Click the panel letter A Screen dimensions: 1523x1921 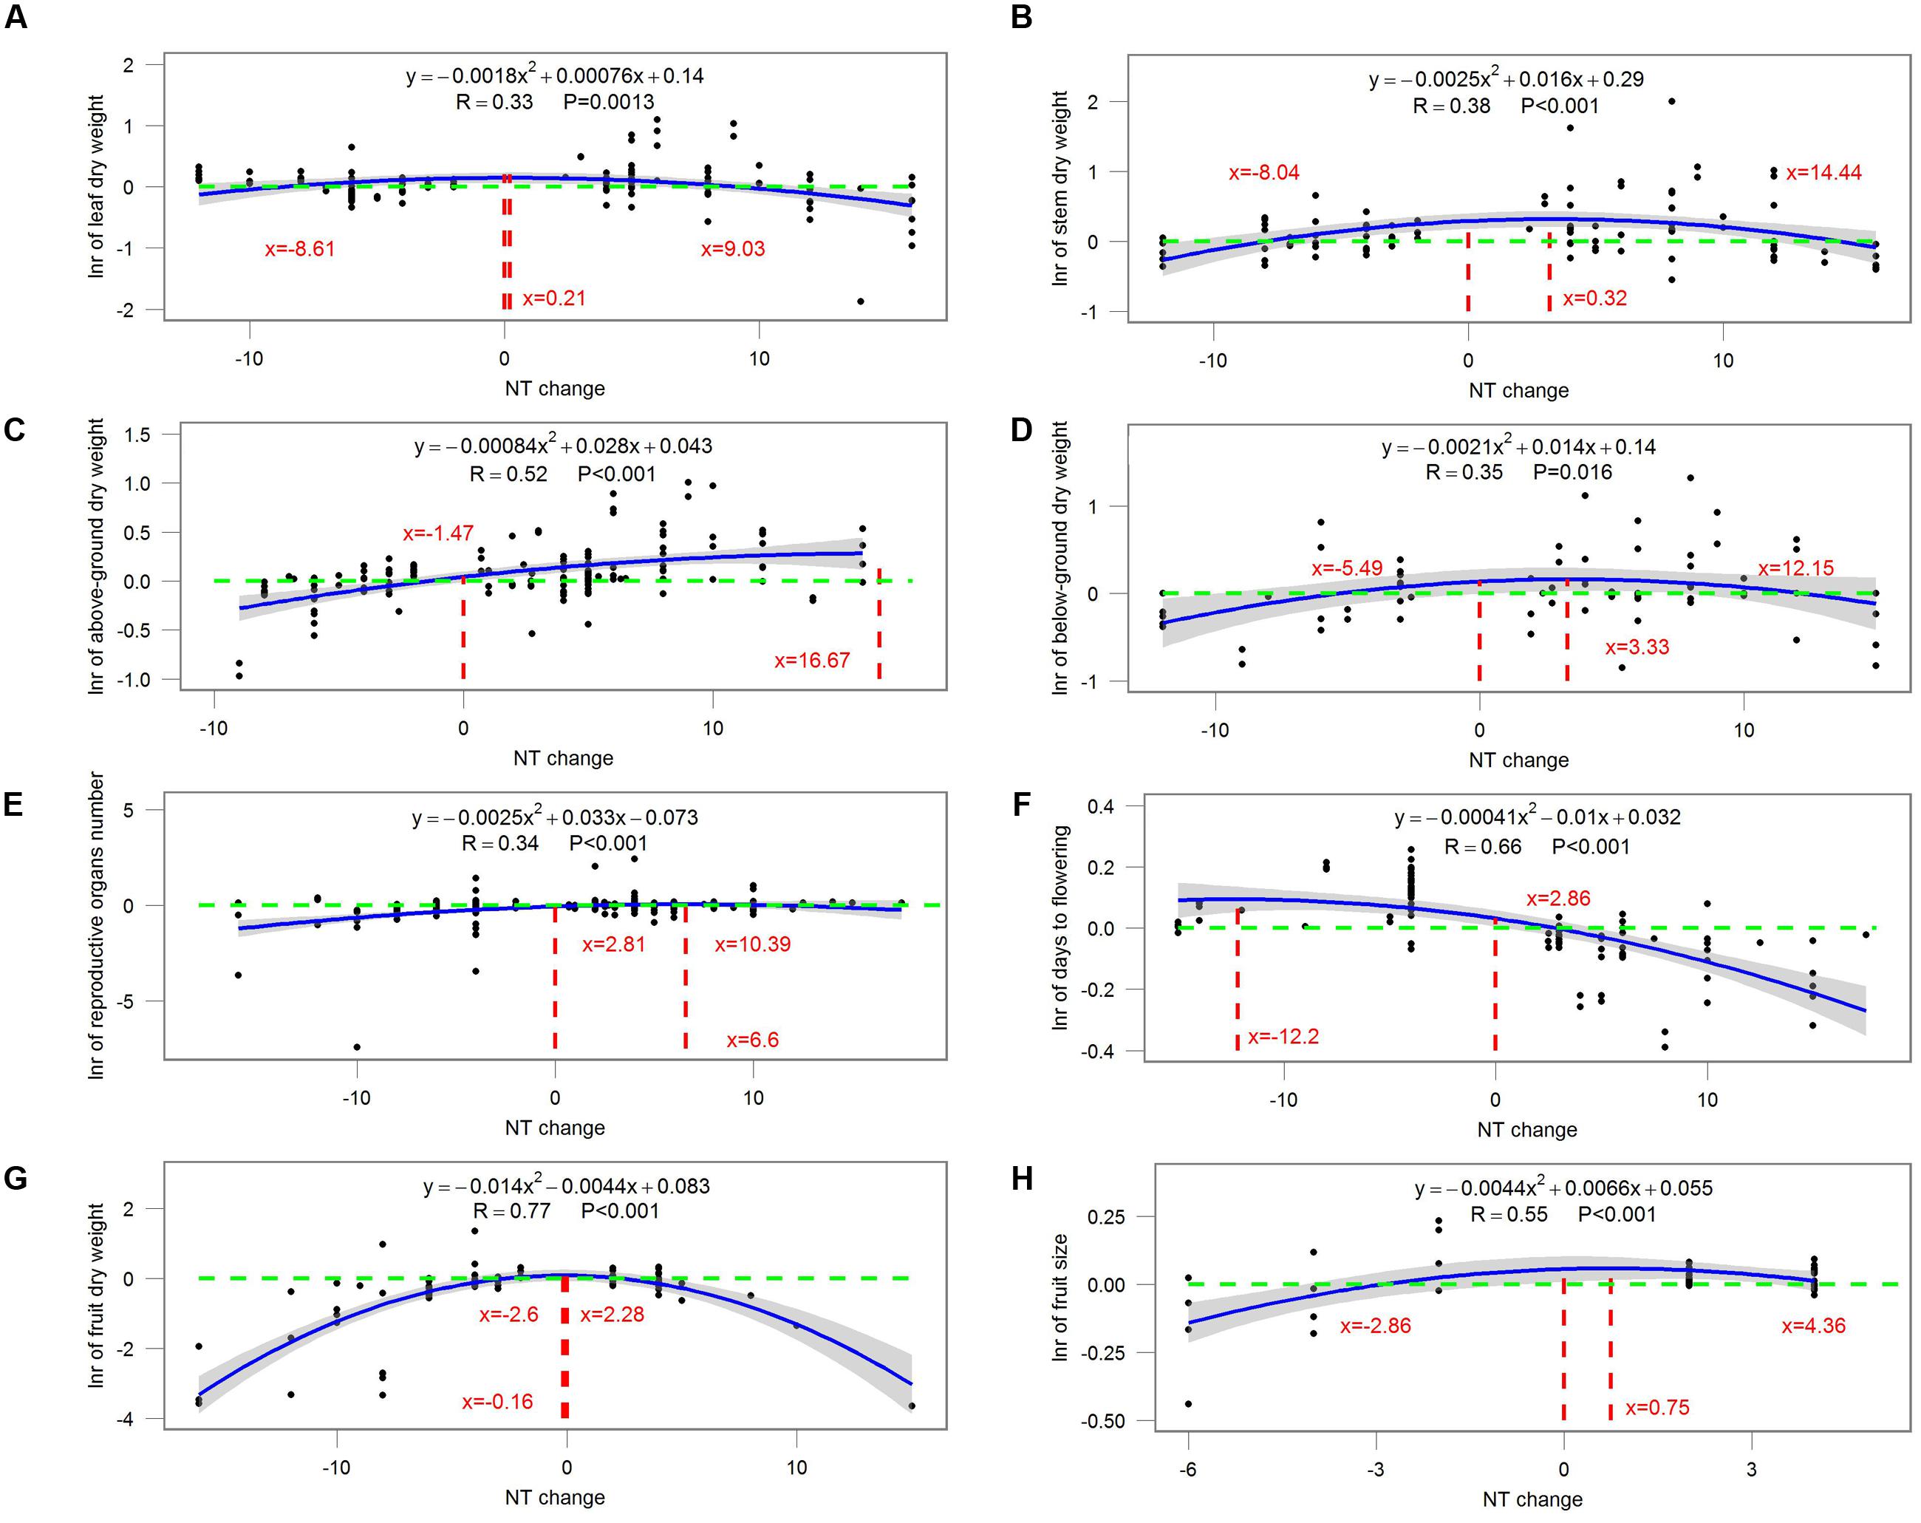coord(16,17)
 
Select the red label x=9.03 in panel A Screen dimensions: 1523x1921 coord(732,248)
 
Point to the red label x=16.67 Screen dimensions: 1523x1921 coord(812,661)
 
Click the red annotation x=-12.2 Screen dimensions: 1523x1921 coord(1283,1037)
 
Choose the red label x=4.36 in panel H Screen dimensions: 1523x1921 coord(1813,1326)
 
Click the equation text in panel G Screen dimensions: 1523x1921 coord(567,1186)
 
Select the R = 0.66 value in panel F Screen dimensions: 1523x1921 coord(1483,847)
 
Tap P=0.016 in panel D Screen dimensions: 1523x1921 coord(1572,472)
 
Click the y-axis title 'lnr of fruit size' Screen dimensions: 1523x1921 coord(1060,1297)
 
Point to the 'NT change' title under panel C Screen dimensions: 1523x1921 coord(563,758)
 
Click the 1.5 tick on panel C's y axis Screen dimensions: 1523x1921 coord(139,435)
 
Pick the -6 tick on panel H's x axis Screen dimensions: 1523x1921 coord(1188,1470)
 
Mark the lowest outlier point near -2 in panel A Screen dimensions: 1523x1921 coord(861,301)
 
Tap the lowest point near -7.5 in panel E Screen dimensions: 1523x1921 coord(358,1047)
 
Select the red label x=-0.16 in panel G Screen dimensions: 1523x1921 coord(497,1402)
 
